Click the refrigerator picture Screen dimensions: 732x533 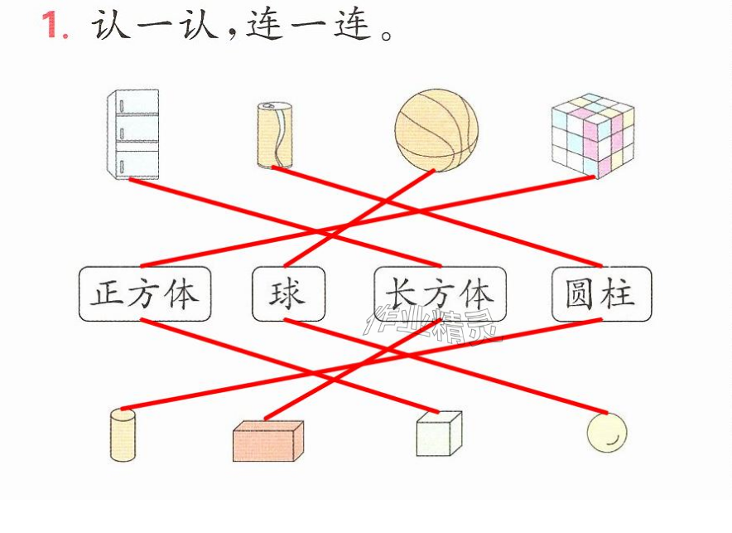[x=133, y=134]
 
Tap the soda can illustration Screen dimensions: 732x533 [x=275, y=135]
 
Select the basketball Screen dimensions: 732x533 [x=436, y=130]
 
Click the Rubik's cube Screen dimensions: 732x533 [x=593, y=135]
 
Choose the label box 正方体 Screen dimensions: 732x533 [x=145, y=293]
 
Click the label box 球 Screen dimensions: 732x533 [x=288, y=293]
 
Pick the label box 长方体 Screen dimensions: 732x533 [x=441, y=293]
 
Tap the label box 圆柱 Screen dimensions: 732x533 [x=601, y=293]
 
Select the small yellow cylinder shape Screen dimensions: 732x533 [x=123, y=435]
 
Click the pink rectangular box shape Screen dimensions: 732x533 [x=268, y=440]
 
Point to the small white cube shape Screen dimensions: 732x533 [x=440, y=434]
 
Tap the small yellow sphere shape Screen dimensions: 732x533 [x=607, y=433]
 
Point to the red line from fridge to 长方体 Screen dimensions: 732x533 [x=285, y=222]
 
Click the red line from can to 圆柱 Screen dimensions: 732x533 [x=437, y=216]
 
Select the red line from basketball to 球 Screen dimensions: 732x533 [x=359, y=218]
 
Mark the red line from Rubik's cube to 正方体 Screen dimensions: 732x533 [x=368, y=221]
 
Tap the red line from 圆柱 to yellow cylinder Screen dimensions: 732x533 [x=362, y=365]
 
